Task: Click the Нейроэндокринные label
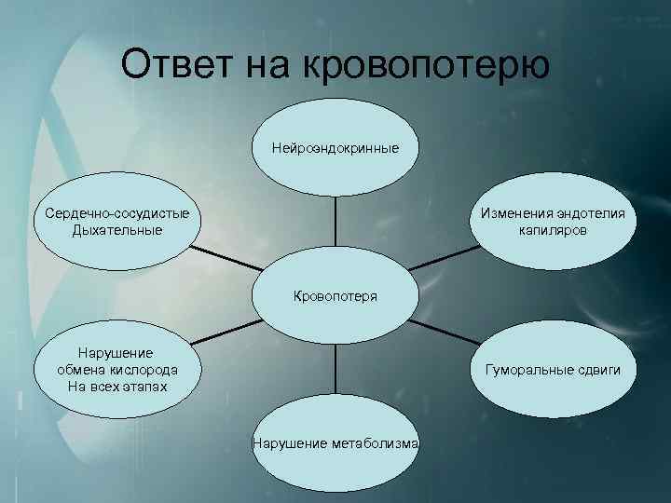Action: pos(335,148)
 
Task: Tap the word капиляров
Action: pos(554,229)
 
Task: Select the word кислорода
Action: pos(137,370)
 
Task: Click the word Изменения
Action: pos(517,213)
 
